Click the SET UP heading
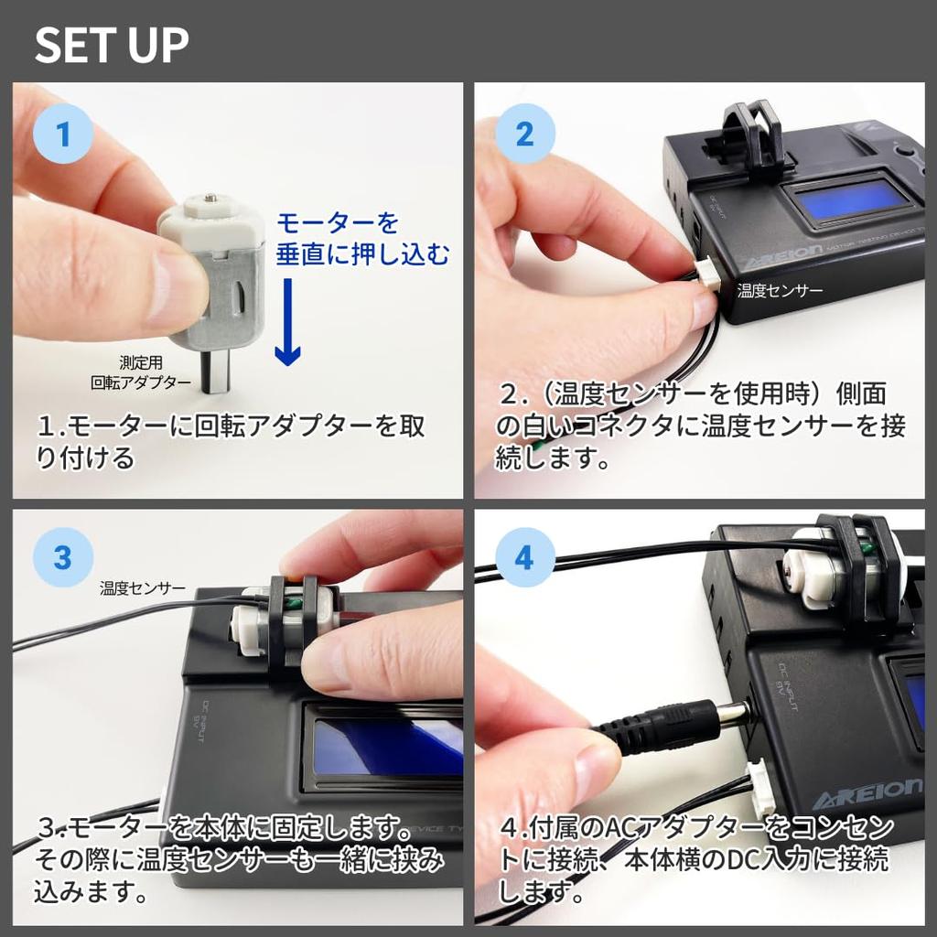tap(112, 45)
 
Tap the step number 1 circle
tap(63, 134)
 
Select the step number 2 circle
tap(525, 134)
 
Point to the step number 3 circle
tap(63, 557)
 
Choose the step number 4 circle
tap(525, 557)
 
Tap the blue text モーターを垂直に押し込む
tap(362, 239)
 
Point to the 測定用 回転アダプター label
tap(141, 372)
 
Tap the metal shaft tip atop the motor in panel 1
tap(210, 196)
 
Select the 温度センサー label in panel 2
tap(780, 291)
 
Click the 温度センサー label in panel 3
tap(143, 588)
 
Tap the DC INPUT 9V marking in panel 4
tap(790, 686)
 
